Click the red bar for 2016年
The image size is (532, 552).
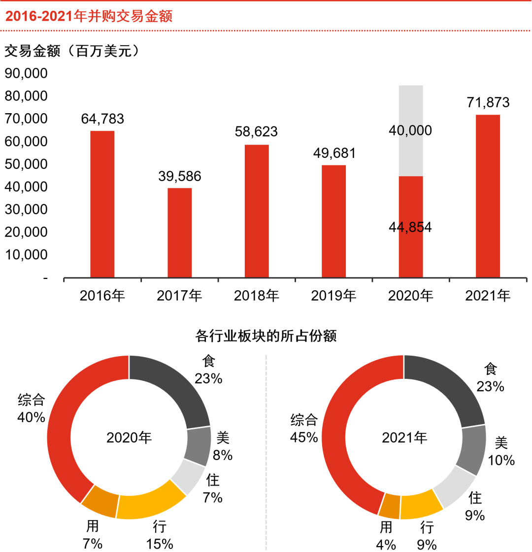pos(102,204)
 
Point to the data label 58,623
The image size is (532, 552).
pos(256,132)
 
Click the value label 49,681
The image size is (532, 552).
pos(334,153)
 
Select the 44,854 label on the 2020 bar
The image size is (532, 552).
pos(410,227)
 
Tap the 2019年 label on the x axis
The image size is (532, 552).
pos(333,296)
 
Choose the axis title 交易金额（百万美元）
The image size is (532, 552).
pos(72,51)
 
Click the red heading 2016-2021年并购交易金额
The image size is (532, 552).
pos(89,16)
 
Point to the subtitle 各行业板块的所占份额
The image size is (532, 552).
pos(266,337)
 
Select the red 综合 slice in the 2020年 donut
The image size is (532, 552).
pos(62,433)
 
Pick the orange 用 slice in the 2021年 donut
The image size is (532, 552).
pos(389,505)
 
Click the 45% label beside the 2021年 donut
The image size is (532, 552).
pos(304,437)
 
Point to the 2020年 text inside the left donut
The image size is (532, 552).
pos(129,437)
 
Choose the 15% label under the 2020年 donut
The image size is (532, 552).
pos(159,544)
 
